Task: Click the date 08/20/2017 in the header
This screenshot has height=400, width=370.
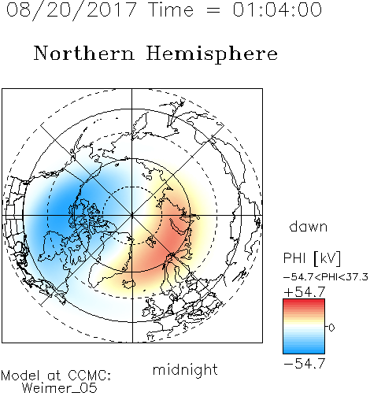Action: coord(71,10)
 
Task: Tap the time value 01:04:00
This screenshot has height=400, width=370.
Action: coord(277,9)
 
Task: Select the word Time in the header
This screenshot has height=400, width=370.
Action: coord(171,9)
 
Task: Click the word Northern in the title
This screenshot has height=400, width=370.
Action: coord(84,53)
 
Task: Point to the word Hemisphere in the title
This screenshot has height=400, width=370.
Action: coord(212,54)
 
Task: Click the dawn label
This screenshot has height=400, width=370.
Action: coord(309,226)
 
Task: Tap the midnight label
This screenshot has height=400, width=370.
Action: coord(185,369)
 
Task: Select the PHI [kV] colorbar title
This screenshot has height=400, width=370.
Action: coord(312,258)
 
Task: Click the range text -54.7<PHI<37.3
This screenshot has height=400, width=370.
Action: coord(326,277)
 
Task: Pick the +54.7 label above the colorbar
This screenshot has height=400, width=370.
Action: coord(305,292)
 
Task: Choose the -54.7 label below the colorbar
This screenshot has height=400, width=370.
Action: coord(305,364)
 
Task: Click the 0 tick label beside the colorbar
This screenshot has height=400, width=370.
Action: coord(331,328)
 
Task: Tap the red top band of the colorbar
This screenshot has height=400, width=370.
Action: coord(304,302)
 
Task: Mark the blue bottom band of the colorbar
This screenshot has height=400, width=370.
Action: coord(304,350)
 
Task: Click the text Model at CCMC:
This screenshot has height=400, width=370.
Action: coord(56,376)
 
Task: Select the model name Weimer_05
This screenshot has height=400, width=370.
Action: coord(60,388)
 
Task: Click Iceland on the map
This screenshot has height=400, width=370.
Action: coord(128,283)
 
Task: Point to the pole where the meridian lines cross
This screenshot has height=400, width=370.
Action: coord(132,216)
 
